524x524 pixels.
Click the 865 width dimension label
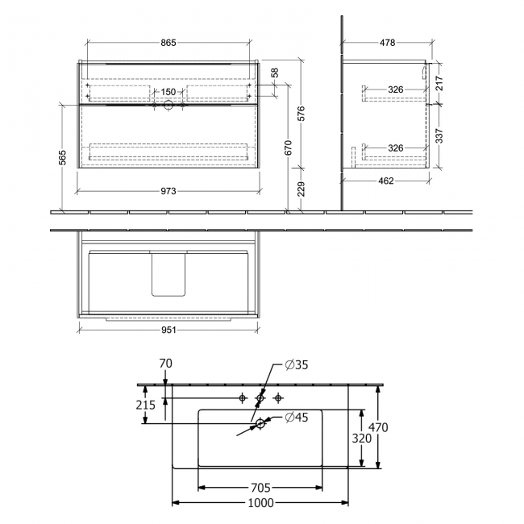168,43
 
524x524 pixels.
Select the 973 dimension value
168,191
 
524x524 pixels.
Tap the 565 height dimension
62,159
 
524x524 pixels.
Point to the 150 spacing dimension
168,92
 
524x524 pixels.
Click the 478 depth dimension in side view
387,43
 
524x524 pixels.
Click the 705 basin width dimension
260,487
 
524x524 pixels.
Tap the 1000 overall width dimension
260,502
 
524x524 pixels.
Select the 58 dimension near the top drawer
274,73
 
